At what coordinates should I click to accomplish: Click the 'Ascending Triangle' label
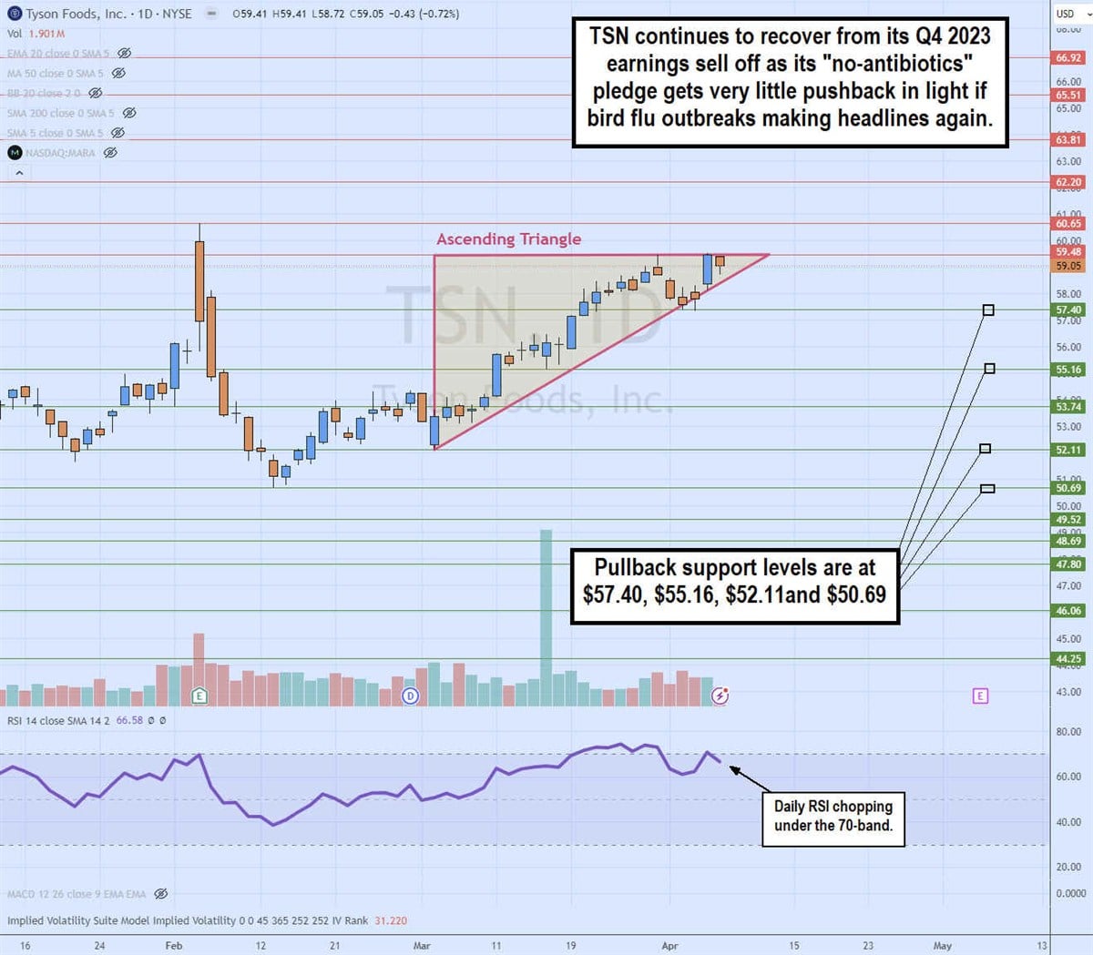(x=508, y=239)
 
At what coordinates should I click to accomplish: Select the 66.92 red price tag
(x=1068, y=58)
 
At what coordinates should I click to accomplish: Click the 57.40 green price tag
(x=1068, y=310)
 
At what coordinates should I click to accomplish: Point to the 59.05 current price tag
(x=1068, y=266)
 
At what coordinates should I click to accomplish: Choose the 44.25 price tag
(x=1068, y=659)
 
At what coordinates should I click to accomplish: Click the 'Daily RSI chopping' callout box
(x=833, y=817)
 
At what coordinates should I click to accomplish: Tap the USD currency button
(x=1065, y=14)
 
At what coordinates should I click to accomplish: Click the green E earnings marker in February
(x=199, y=696)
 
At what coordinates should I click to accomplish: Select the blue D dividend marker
(x=411, y=696)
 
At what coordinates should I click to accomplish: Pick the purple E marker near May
(x=980, y=696)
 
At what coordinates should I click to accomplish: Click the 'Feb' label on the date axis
(x=174, y=946)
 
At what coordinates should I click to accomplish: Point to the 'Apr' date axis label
(x=669, y=946)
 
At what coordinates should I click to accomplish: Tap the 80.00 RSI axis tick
(x=1068, y=732)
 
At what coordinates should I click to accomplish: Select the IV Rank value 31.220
(x=391, y=920)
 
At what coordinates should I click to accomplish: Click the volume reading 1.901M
(x=48, y=34)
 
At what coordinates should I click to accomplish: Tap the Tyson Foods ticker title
(x=100, y=14)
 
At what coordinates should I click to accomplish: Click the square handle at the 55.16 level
(x=989, y=369)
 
